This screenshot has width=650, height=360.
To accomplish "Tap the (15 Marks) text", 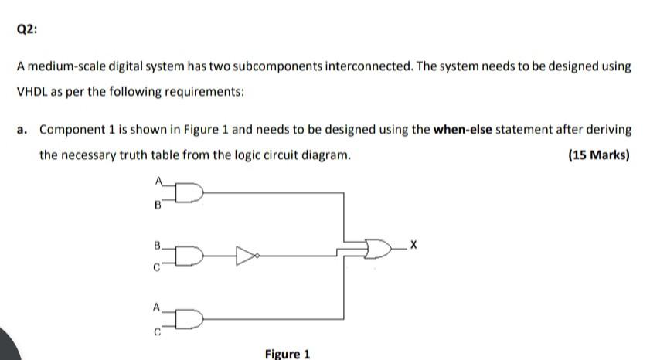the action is pyautogui.click(x=598, y=155).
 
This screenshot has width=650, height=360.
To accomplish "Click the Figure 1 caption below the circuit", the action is pyautogui.click(x=287, y=354).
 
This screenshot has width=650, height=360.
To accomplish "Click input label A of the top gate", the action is pyautogui.click(x=159, y=183).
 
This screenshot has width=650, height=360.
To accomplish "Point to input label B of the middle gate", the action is pyautogui.click(x=158, y=246).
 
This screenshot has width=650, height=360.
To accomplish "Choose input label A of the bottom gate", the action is pyautogui.click(x=159, y=307).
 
